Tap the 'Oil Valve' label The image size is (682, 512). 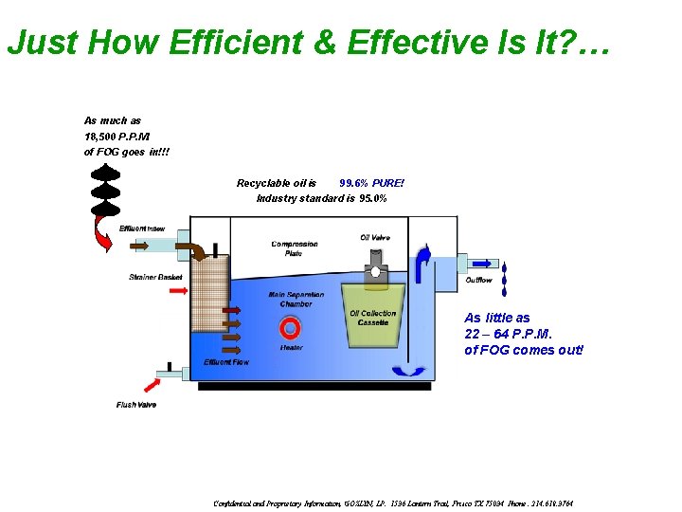[x=375, y=237]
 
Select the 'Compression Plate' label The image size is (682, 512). [x=294, y=248]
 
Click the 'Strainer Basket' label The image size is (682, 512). [x=155, y=277]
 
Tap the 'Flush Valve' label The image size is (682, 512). [x=136, y=405]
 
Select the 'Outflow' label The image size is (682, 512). [x=478, y=280]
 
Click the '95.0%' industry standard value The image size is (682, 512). [x=373, y=198]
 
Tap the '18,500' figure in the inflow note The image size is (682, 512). [x=101, y=137]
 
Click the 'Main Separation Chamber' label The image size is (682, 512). [x=296, y=299]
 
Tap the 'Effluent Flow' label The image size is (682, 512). [x=226, y=362]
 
